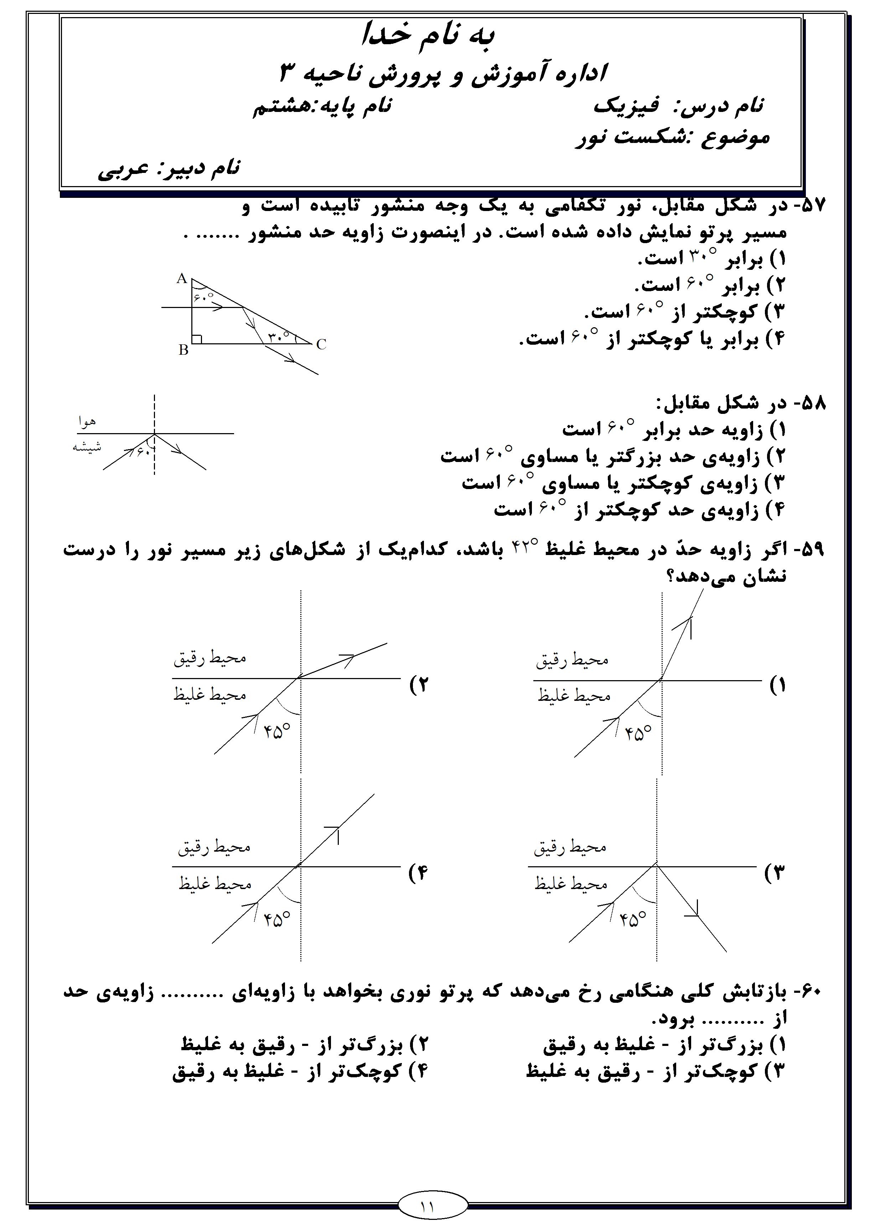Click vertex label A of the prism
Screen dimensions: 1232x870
(x=181, y=278)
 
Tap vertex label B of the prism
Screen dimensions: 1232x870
(x=183, y=350)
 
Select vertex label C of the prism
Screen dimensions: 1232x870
(x=321, y=344)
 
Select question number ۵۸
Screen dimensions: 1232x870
(x=811, y=404)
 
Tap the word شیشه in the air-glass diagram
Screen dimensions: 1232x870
(x=87, y=446)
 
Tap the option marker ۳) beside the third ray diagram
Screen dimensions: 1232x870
(x=775, y=874)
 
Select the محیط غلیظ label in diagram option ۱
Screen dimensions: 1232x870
(x=574, y=696)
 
